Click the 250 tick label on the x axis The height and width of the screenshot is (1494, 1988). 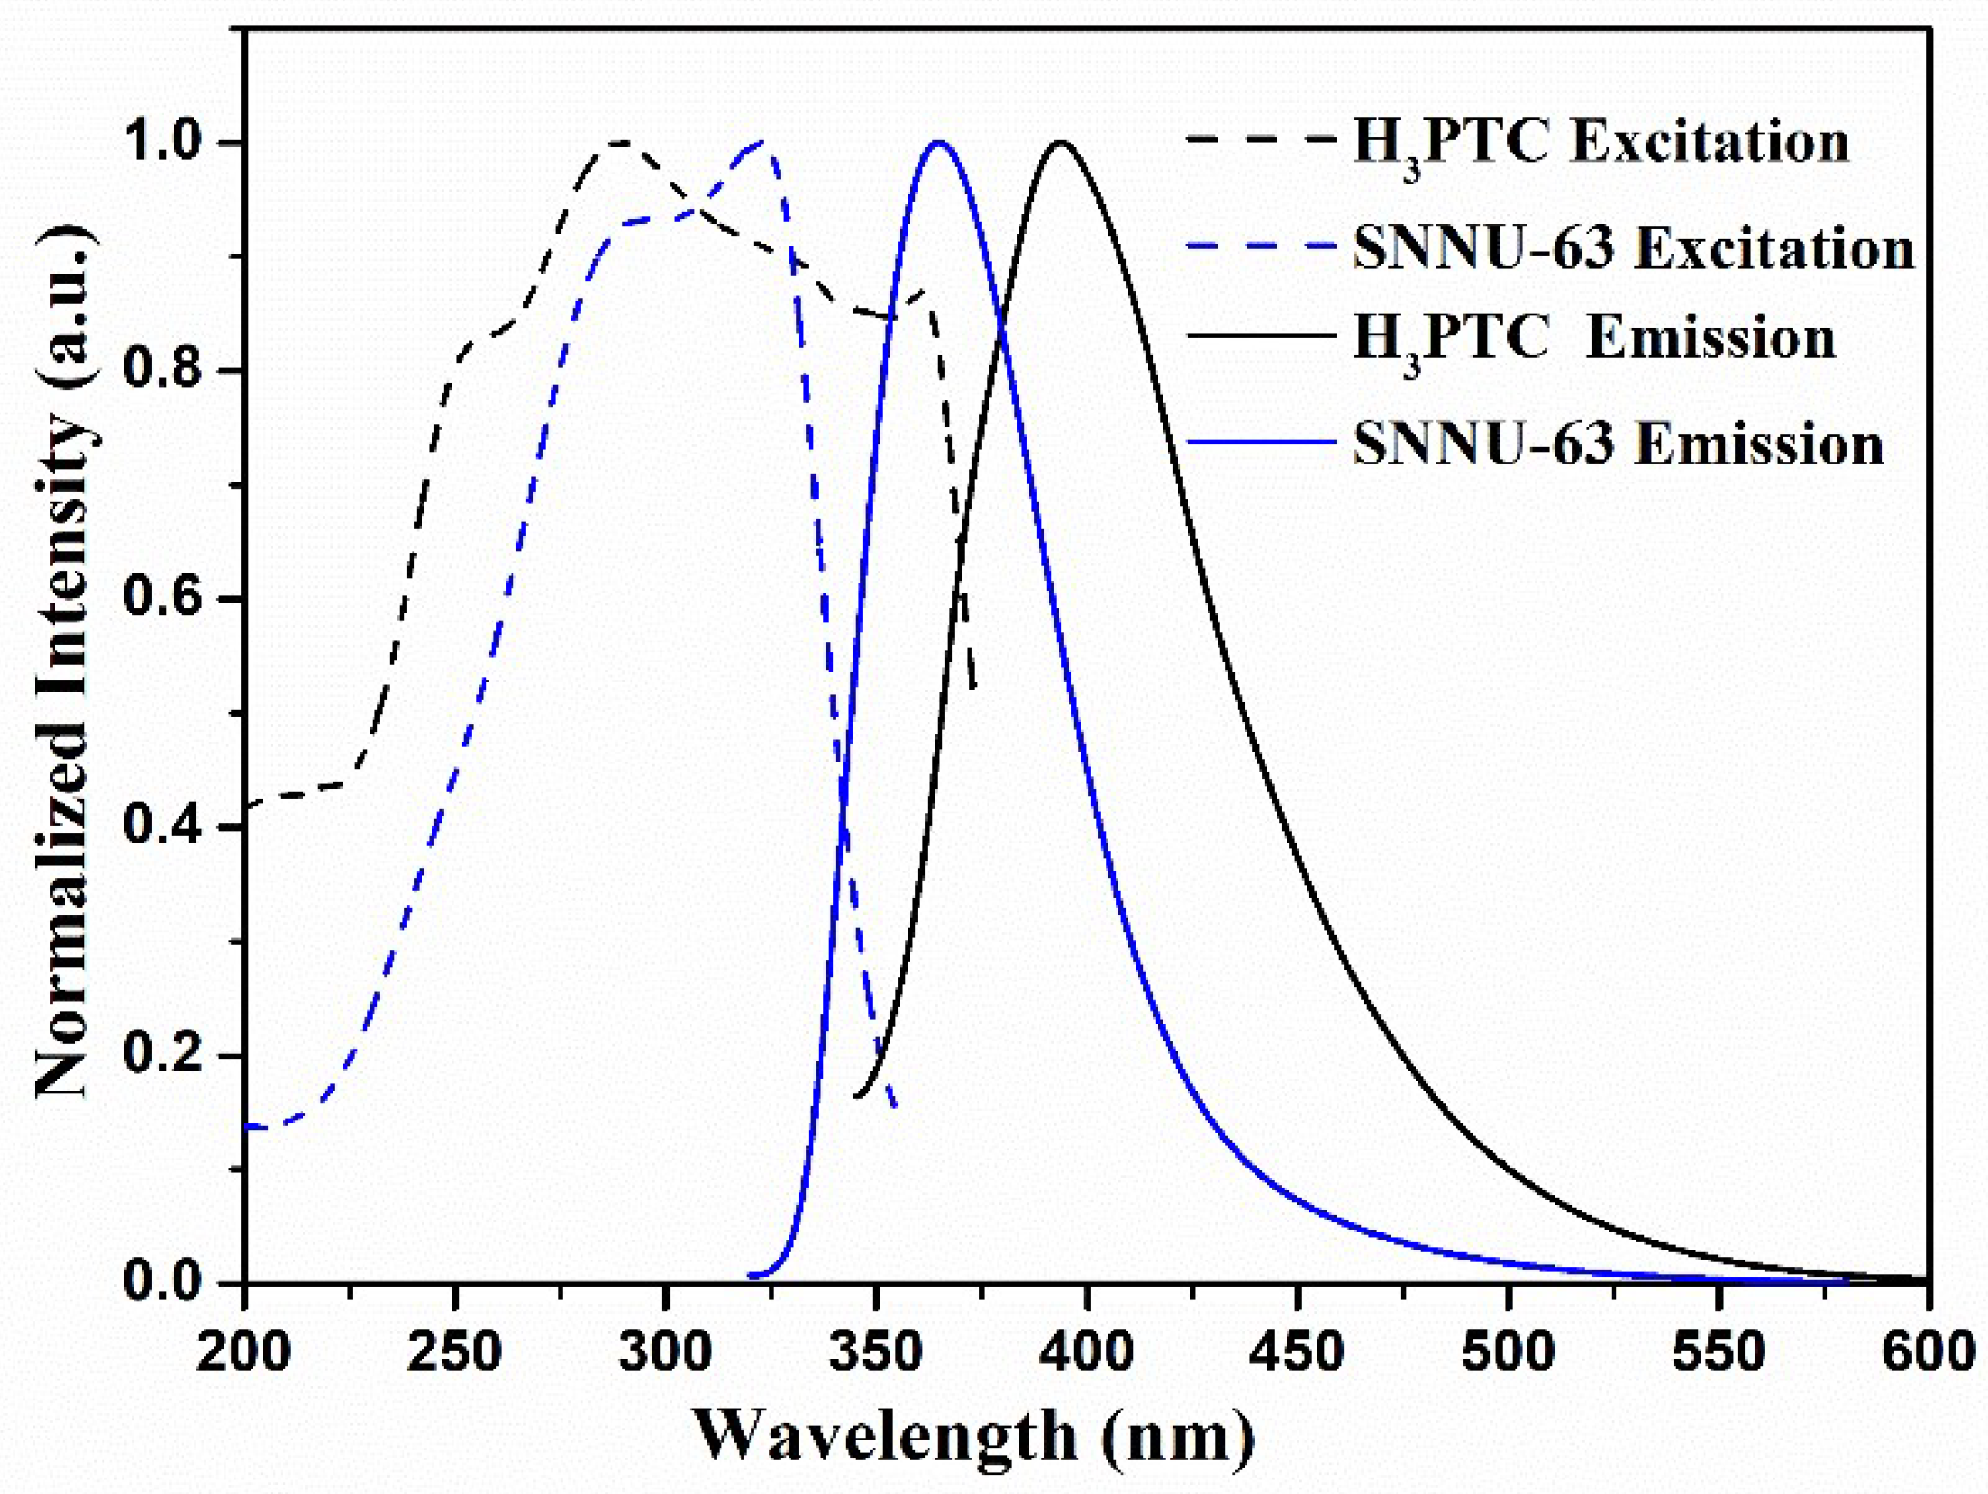click(453, 1351)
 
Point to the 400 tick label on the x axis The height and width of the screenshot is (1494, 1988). click(1086, 1351)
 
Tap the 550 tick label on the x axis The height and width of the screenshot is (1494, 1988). click(1718, 1351)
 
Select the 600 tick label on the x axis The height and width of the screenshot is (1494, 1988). click(1928, 1351)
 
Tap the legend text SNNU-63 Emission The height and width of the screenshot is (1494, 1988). click(1618, 443)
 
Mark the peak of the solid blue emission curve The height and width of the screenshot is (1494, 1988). click(939, 142)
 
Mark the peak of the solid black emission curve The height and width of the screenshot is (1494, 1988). click(1059, 142)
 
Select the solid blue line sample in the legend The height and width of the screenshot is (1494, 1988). click(1261, 442)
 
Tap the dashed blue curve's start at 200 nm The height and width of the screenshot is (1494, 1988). click(247, 1127)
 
